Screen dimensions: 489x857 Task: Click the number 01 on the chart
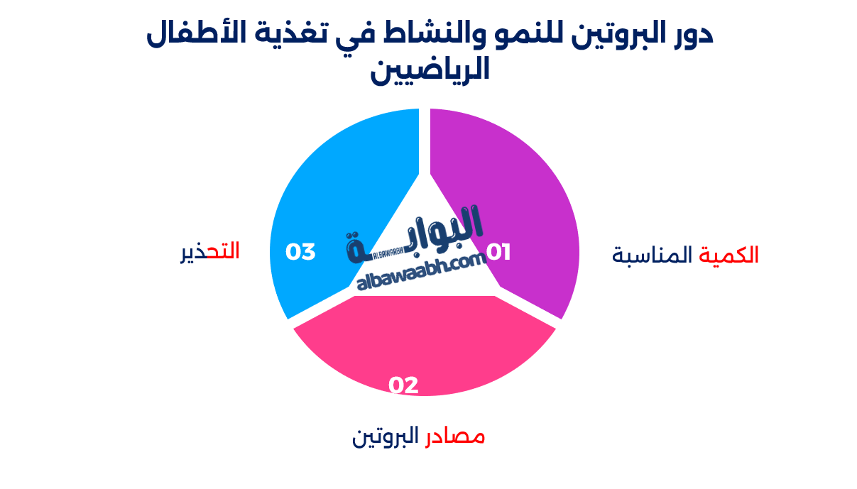click(498, 252)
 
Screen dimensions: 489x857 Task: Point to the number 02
click(403, 385)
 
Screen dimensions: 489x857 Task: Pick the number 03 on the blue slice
click(300, 252)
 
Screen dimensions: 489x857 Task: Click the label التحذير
click(210, 252)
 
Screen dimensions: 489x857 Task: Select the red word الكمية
click(728, 255)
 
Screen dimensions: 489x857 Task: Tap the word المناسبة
click(652, 255)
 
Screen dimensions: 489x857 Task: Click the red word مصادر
click(455, 436)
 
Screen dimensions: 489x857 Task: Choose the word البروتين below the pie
click(386, 436)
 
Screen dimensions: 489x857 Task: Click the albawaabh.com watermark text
click(421, 273)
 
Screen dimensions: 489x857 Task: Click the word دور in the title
click(692, 34)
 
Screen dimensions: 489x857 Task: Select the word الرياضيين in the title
click(430, 70)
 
